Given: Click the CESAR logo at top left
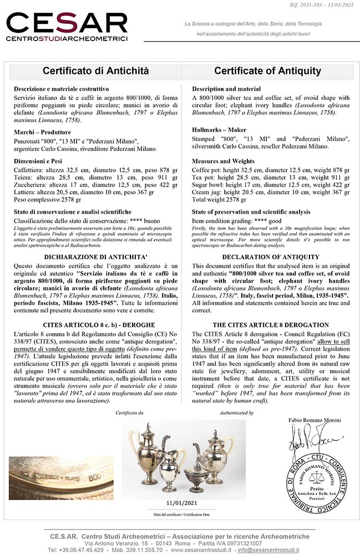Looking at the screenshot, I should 67,26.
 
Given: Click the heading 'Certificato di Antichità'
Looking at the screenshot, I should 96,71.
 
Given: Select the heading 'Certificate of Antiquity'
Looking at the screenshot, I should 267,71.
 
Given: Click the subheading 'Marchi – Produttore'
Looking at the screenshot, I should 42,132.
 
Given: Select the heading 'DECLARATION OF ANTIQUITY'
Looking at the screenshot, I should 267,257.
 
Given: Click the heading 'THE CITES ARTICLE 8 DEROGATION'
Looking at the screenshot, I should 267,324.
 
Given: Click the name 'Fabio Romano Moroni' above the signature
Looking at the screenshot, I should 315,421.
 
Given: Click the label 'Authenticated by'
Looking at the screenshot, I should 236,413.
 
